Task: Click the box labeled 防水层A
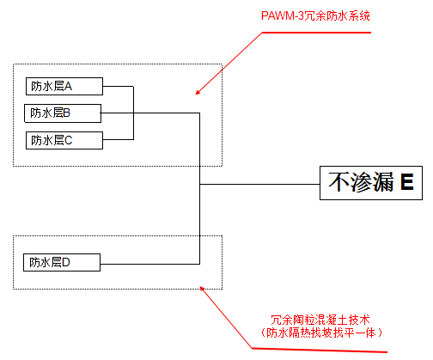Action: point(64,86)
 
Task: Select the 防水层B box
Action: point(63,113)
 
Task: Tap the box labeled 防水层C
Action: point(64,140)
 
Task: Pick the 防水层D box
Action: point(62,262)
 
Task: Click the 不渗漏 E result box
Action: point(371,183)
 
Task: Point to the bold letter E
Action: point(407,182)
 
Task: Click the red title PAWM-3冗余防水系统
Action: point(315,15)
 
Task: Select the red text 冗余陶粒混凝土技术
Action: point(320,320)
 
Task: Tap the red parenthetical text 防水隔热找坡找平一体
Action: point(320,333)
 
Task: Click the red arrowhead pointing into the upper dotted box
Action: point(198,92)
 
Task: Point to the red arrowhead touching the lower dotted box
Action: point(202,289)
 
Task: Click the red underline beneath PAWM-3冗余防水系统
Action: point(316,33)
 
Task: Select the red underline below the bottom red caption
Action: point(320,350)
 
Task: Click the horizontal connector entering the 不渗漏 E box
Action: point(259,184)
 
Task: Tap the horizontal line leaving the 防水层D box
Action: point(150,264)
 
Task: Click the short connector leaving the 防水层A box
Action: point(119,86)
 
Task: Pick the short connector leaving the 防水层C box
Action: point(119,139)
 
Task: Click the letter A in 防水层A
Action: point(68,86)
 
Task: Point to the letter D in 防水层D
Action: point(66,262)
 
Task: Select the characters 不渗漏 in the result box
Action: point(361,182)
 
